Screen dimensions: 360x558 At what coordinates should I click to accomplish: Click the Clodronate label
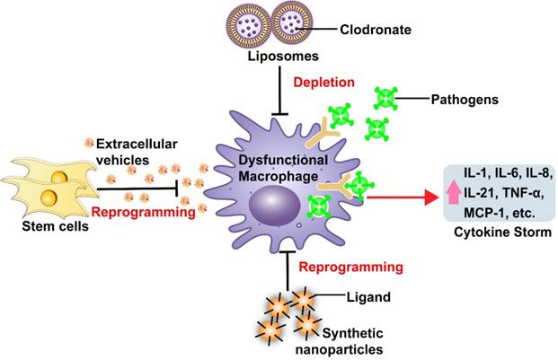[x=360, y=29]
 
